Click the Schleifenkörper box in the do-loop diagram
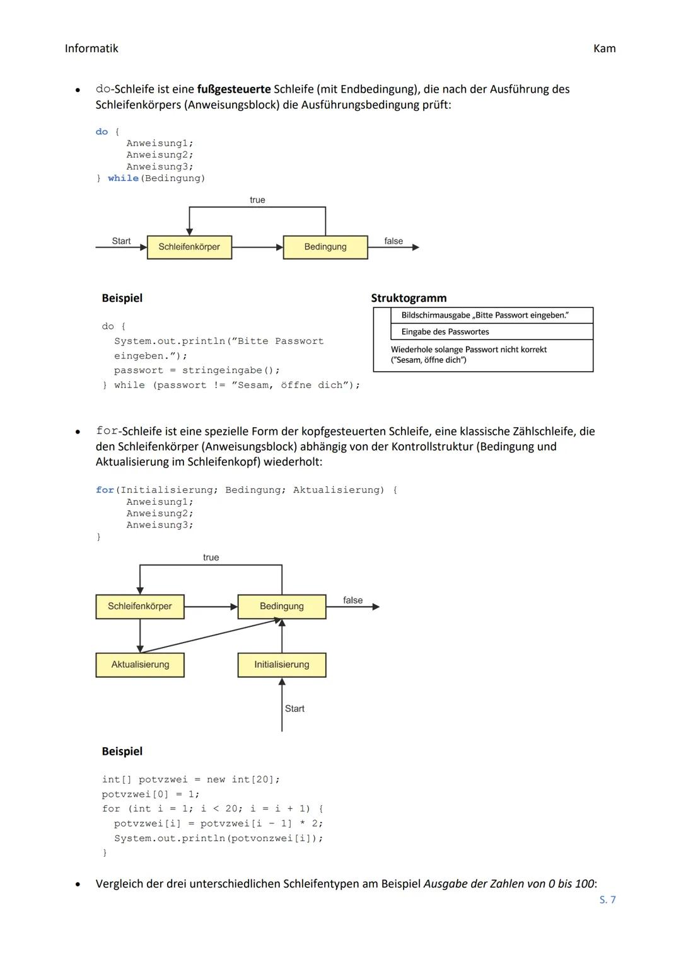tap(189, 247)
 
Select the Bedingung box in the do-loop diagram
tap(325, 247)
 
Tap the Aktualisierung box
tap(140, 665)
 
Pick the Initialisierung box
tap(282, 665)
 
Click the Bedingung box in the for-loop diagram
tap(282, 606)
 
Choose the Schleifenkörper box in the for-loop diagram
tap(140, 606)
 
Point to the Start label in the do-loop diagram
tap(121, 241)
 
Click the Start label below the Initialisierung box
tap(294, 709)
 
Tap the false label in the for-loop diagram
tap(352, 600)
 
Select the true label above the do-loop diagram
tap(257, 200)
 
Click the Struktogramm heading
tap(409, 298)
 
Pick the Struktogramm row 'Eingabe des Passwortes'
tap(445, 332)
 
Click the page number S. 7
tap(607, 900)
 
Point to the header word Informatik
tap(91, 49)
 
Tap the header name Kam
tap(604, 49)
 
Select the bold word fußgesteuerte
tap(234, 89)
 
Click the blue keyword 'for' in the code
tap(105, 490)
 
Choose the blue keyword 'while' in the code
tap(123, 178)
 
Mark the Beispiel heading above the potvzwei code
tap(122, 752)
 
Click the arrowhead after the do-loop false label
tap(416, 248)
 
